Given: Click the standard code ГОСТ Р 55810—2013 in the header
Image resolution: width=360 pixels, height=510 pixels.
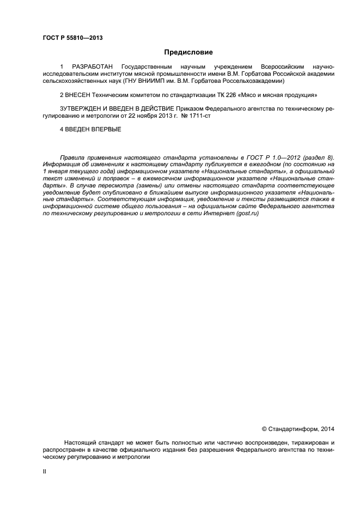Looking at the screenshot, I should point(72,38).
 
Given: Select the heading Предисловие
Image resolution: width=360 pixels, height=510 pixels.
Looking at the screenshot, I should point(188,52).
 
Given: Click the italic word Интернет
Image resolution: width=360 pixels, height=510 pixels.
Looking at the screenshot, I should point(218,214).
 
